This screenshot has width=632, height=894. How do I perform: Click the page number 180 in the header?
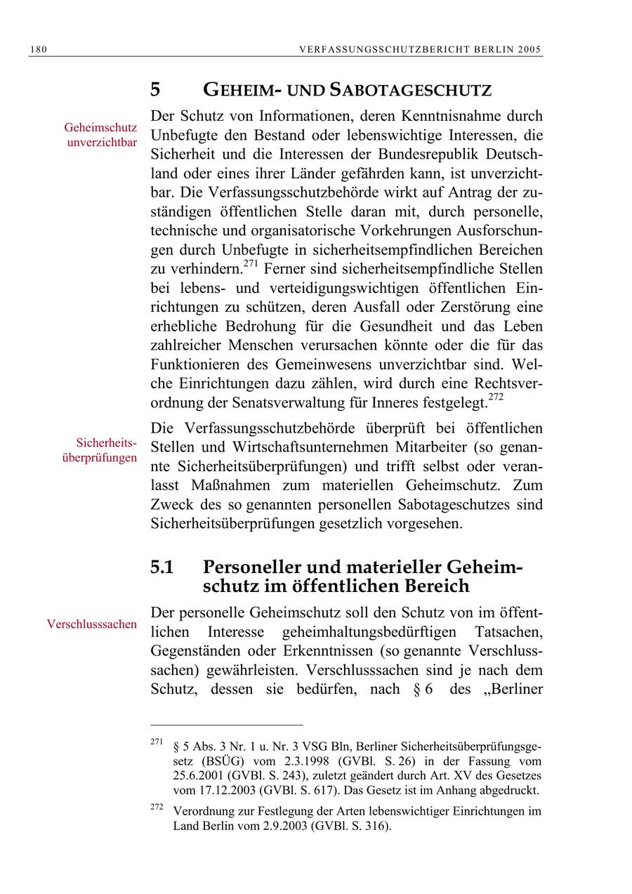click(x=38, y=49)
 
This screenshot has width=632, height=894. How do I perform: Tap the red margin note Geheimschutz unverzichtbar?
click(x=100, y=135)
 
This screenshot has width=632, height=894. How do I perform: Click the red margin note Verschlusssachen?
click(x=92, y=624)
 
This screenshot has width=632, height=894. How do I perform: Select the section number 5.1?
click(x=162, y=567)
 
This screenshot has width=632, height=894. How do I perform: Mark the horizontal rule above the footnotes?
click(x=226, y=724)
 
